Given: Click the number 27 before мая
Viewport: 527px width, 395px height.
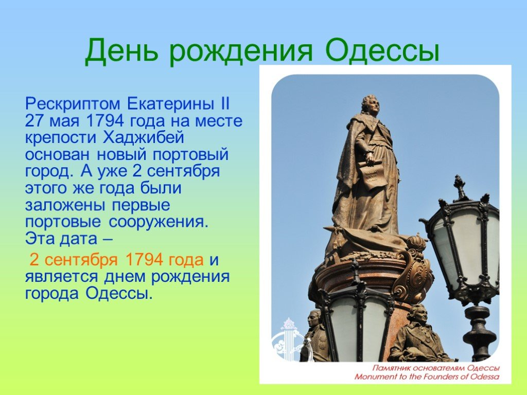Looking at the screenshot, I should click(34, 122).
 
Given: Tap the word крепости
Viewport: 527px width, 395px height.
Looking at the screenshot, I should click(62, 138).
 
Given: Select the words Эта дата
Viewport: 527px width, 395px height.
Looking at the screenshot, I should click(65, 239).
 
